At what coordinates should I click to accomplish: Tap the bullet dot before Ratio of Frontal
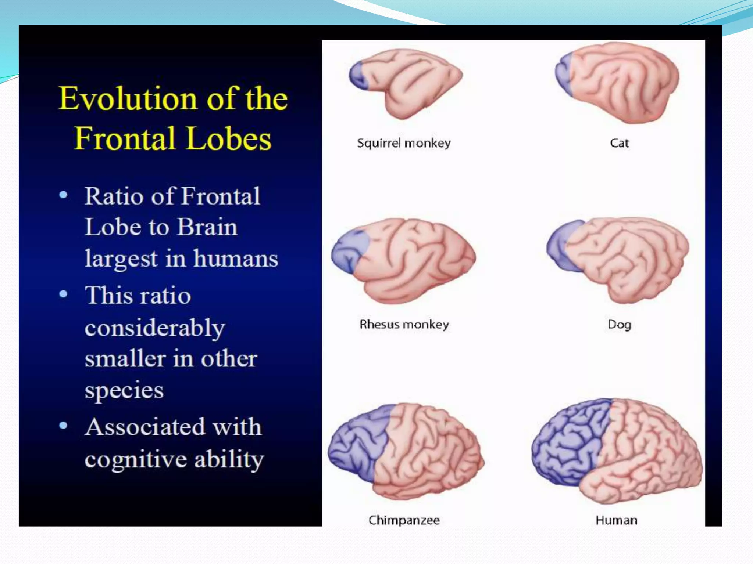coord(63,195)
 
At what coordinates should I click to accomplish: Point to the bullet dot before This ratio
coord(63,294)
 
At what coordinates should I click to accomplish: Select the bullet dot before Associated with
coord(63,425)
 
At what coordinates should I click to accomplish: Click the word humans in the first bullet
coord(236,258)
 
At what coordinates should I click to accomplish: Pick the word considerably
coord(154,328)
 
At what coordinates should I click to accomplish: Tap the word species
coord(124,390)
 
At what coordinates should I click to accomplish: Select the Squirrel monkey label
coord(404,143)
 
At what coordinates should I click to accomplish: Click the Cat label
coord(619,143)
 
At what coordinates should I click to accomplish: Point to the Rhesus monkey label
coord(404,324)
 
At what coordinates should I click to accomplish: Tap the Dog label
coord(619,325)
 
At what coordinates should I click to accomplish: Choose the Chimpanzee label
coord(404,520)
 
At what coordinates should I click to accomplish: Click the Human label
coord(616,520)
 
